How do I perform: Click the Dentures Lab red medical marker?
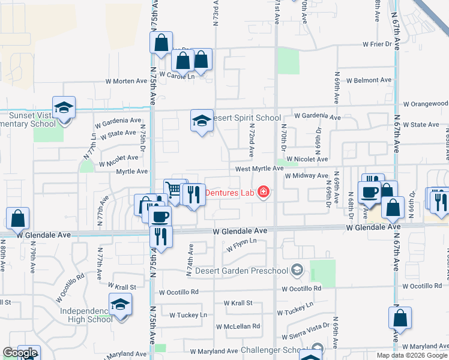[262, 193]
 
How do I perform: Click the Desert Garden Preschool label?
[247, 271]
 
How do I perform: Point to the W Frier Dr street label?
[377, 44]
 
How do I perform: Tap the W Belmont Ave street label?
[368, 80]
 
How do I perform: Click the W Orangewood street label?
[425, 104]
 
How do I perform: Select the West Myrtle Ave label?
[259, 169]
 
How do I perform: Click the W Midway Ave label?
[306, 176]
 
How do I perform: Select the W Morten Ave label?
[126, 81]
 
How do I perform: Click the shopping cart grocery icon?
[174, 191]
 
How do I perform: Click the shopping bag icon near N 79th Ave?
[18, 219]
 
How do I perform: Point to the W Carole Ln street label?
[175, 77]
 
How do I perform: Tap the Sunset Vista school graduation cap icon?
[64, 108]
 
